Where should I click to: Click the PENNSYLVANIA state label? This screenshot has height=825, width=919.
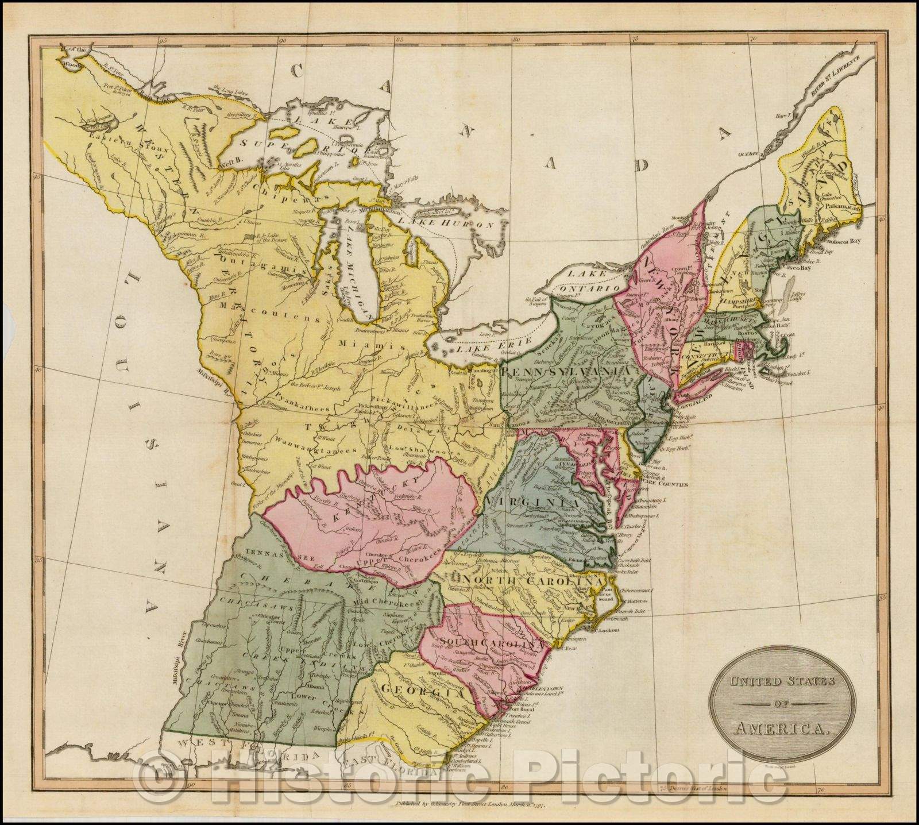[x=569, y=372]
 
